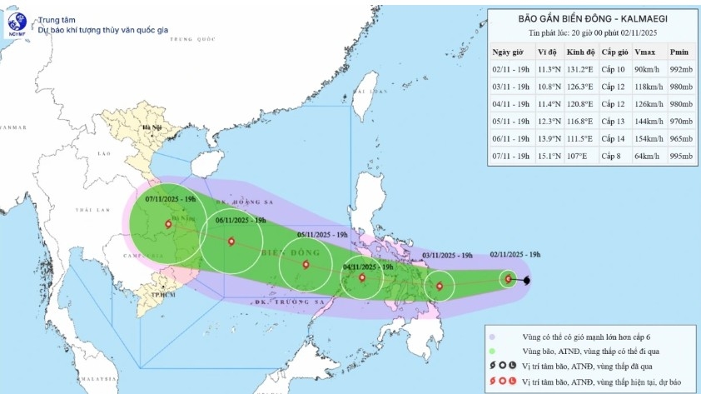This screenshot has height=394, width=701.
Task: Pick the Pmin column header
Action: (679, 52)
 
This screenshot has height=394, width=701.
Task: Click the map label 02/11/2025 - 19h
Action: (515, 255)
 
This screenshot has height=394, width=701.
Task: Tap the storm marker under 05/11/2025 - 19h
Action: (306, 265)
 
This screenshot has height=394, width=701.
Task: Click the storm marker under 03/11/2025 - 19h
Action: (440, 287)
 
